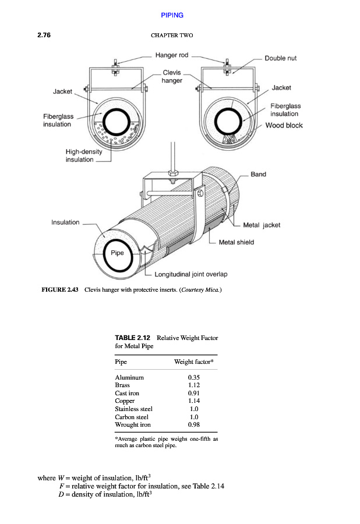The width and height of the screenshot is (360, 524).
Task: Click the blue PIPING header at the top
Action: (x=172, y=15)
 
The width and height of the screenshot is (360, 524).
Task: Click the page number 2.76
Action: (x=44, y=35)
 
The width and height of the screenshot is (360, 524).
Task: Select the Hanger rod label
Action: (x=172, y=55)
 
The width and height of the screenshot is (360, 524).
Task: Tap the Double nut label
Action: (x=280, y=58)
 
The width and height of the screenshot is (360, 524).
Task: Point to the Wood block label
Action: (x=284, y=125)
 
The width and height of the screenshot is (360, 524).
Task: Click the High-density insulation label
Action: (x=84, y=155)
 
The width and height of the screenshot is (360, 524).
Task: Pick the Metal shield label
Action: (x=237, y=242)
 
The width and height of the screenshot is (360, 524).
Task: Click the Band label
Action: (x=259, y=174)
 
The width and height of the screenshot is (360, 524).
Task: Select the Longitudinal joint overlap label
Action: (x=191, y=274)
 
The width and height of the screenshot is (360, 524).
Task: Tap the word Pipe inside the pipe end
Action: (x=117, y=253)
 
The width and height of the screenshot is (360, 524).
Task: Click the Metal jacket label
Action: (x=262, y=225)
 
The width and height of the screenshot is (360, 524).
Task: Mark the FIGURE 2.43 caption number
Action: (x=60, y=290)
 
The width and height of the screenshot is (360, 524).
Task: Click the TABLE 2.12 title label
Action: (x=132, y=338)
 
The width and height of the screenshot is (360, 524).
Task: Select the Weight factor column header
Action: (x=194, y=362)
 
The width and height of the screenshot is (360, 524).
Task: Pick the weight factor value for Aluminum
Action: (x=194, y=377)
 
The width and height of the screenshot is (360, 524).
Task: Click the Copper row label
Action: (x=125, y=401)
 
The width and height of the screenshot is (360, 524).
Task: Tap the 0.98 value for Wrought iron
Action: (x=194, y=425)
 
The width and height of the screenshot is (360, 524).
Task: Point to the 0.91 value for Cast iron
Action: (x=194, y=394)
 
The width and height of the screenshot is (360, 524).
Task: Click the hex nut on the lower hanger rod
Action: (x=172, y=174)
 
